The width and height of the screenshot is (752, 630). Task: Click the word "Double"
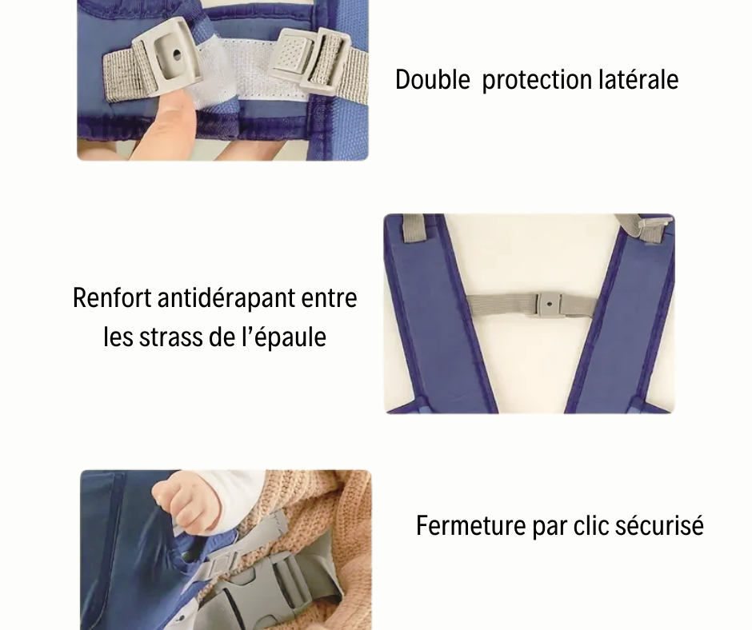[x=432, y=80]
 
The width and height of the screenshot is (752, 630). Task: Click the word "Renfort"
[x=112, y=297]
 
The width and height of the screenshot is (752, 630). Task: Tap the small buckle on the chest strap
[x=550, y=304]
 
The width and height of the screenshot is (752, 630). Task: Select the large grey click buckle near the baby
[x=266, y=591]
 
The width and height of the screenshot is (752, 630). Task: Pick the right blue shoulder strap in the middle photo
[x=622, y=317]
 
